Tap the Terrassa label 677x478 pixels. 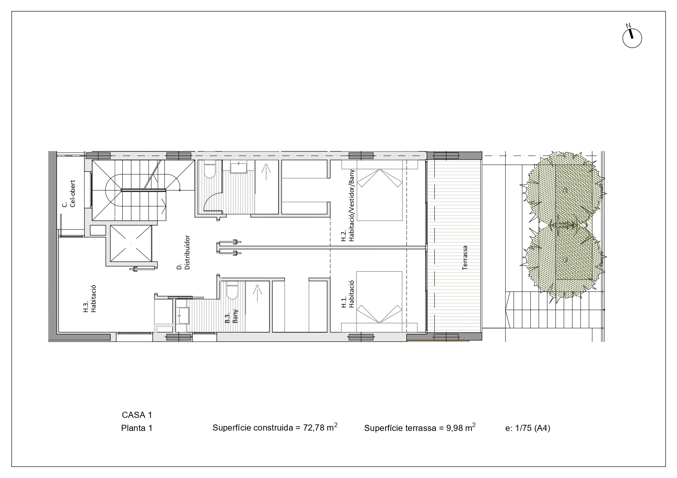click(x=465, y=258)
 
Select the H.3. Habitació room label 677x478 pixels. click(x=89, y=298)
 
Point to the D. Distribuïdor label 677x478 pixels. click(x=183, y=252)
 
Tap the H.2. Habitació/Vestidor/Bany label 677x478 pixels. click(x=348, y=211)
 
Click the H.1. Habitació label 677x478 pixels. click(x=348, y=294)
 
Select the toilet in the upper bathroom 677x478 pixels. click(x=209, y=170)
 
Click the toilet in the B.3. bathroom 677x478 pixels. click(x=232, y=292)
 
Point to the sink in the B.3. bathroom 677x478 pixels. click(x=183, y=316)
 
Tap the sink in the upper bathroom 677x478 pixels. click(x=239, y=168)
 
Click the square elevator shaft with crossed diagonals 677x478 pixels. click(x=131, y=243)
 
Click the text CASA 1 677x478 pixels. click(x=137, y=415)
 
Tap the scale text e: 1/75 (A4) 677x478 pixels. click(x=528, y=428)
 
